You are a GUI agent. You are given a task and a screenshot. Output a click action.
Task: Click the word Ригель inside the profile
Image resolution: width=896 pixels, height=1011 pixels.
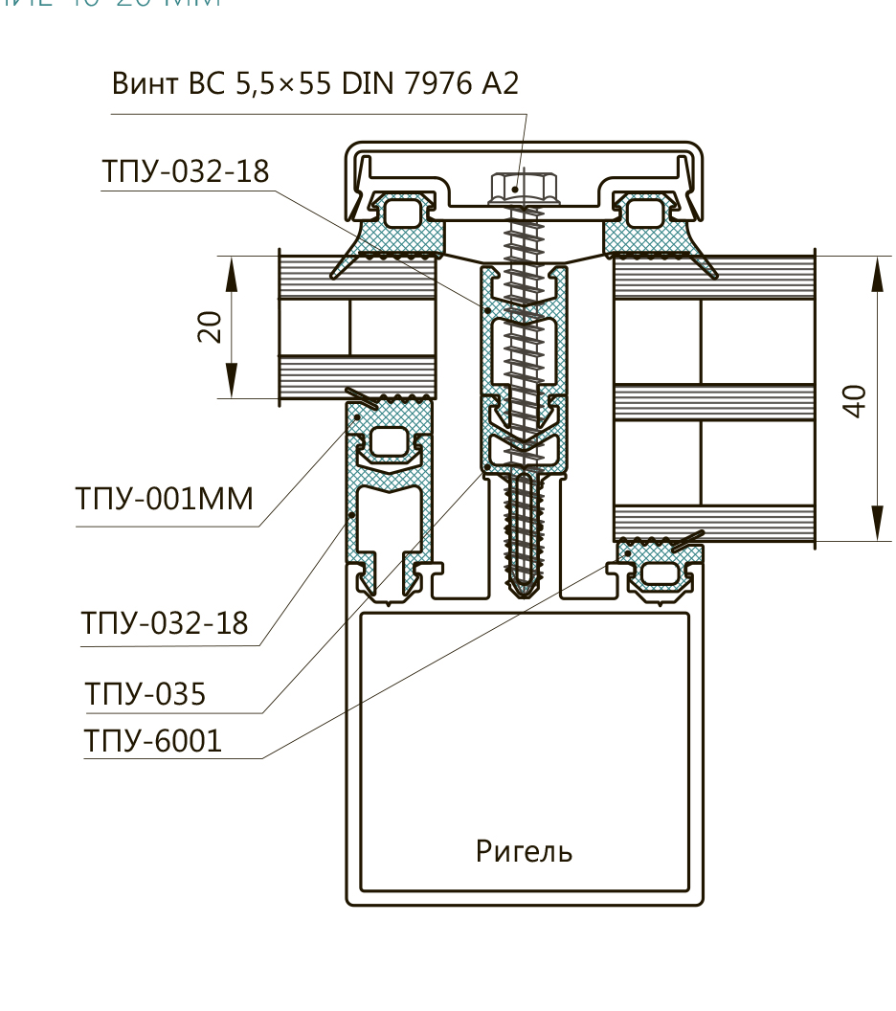point(525,851)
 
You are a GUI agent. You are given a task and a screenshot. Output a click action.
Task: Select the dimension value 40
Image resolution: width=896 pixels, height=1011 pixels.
point(855,398)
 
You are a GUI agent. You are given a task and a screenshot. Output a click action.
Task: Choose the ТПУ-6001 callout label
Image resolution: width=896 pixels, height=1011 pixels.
point(153,740)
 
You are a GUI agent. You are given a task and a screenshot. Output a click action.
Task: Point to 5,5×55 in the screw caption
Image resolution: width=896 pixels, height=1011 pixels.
point(287,84)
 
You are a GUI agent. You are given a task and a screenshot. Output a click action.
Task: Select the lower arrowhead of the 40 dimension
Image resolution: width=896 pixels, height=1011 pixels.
point(877,528)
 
